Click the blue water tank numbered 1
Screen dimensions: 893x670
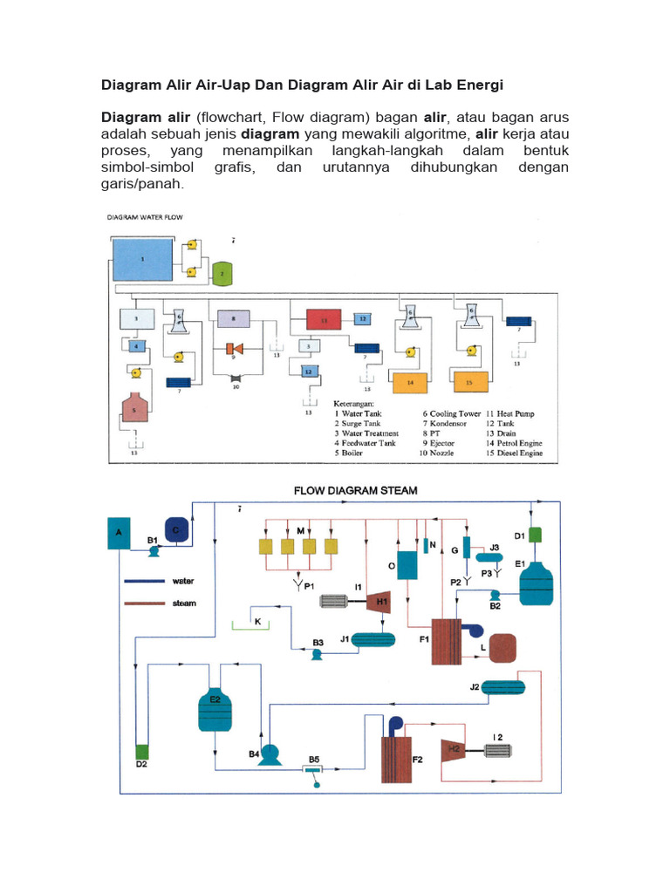pyautogui.click(x=143, y=259)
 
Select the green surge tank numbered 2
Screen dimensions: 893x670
pyautogui.click(x=222, y=273)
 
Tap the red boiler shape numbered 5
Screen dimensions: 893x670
pyautogui.click(x=134, y=408)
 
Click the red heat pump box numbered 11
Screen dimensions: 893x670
pyautogui.click(x=324, y=321)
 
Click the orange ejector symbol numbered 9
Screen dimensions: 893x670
pyautogui.click(x=234, y=349)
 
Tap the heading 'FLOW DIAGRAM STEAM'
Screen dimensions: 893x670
pyautogui.click(x=354, y=491)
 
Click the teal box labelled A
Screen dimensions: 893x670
pyautogui.click(x=120, y=534)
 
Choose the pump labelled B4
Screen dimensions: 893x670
pyautogui.click(x=270, y=751)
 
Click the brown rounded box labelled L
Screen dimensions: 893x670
pyautogui.click(x=502, y=647)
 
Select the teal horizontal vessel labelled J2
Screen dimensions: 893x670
pyautogui.click(x=497, y=687)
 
